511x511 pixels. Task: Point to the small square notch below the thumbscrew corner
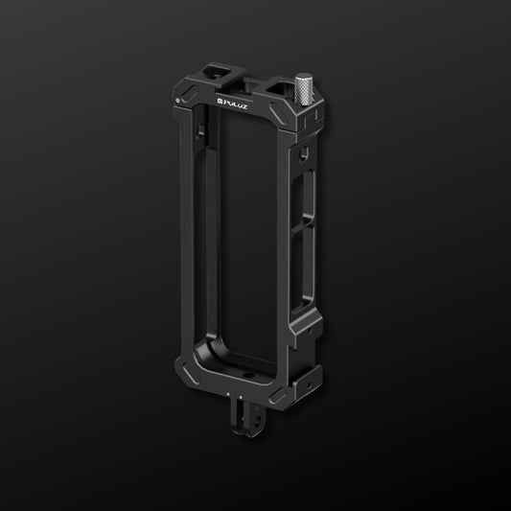click(304, 153)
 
